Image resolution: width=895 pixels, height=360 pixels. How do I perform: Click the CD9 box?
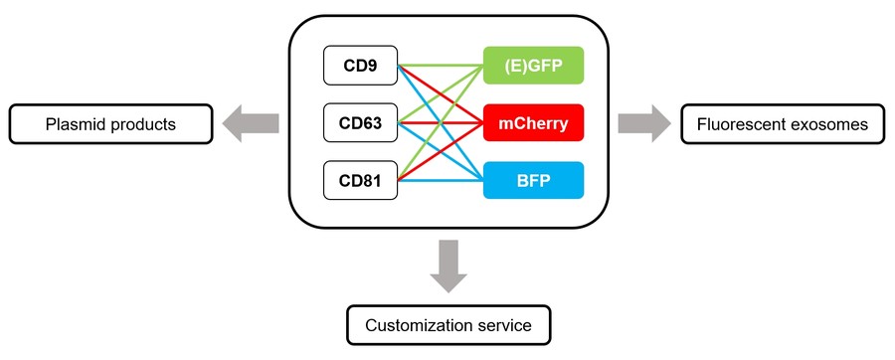[360, 66]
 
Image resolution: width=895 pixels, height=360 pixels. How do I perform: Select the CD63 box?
[360, 123]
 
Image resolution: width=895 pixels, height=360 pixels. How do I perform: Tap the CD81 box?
[360, 181]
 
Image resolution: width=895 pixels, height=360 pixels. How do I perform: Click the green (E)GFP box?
[533, 66]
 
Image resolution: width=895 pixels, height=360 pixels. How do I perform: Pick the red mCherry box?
[533, 123]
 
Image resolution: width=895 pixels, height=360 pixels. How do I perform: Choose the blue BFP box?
[533, 181]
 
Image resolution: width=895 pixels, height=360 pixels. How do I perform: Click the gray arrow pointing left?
[250, 123]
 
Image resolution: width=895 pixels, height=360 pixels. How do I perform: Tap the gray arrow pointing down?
[447, 265]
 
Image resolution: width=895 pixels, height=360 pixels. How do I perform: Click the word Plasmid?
[76, 124]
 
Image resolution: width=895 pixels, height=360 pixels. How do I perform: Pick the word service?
[501, 325]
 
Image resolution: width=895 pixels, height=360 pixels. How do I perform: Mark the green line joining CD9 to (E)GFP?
[441, 66]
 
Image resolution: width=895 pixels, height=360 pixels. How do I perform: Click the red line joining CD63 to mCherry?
[441, 123]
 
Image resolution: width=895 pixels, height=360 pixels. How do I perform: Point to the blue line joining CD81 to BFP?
[441, 181]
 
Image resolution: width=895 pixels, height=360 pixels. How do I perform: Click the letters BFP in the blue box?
[533, 181]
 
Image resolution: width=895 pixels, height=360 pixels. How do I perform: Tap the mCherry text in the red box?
[533, 123]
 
